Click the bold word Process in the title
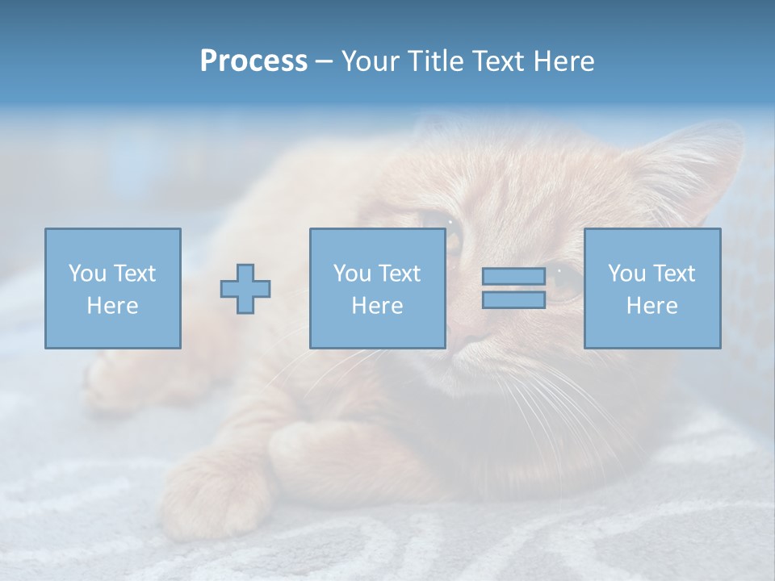coord(253,61)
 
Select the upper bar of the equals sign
coord(513,276)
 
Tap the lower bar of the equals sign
coord(513,300)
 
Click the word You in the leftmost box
coord(86,274)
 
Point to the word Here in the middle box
coord(378,306)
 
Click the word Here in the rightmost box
coord(652,306)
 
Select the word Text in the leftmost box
coord(135,274)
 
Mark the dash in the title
coord(324,62)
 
